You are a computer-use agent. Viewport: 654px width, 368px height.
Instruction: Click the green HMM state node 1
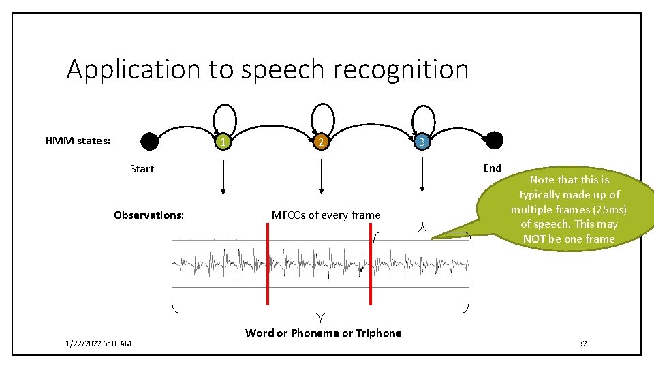tap(222, 142)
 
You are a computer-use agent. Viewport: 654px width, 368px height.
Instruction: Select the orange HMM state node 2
tap(321, 142)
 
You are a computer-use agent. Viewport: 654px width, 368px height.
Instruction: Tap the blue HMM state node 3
tap(422, 142)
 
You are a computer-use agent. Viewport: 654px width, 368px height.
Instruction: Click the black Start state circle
tap(149, 141)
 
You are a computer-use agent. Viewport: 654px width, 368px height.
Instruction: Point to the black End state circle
tap(495, 141)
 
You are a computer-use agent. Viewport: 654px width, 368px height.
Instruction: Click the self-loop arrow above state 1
tap(225, 117)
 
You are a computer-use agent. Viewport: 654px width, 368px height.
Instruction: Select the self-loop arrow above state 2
tap(324, 117)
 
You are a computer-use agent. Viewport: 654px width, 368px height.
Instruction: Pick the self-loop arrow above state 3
tap(424, 117)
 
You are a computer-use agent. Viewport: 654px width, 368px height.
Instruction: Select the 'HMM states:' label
tap(78, 141)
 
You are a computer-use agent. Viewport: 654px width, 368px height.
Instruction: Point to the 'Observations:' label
tap(149, 215)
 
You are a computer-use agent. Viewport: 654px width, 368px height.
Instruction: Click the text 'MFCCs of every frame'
tap(326, 215)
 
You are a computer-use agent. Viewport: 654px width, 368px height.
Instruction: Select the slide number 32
tap(582, 343)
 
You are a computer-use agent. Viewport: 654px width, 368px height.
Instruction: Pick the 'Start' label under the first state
tap(142, 168)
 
